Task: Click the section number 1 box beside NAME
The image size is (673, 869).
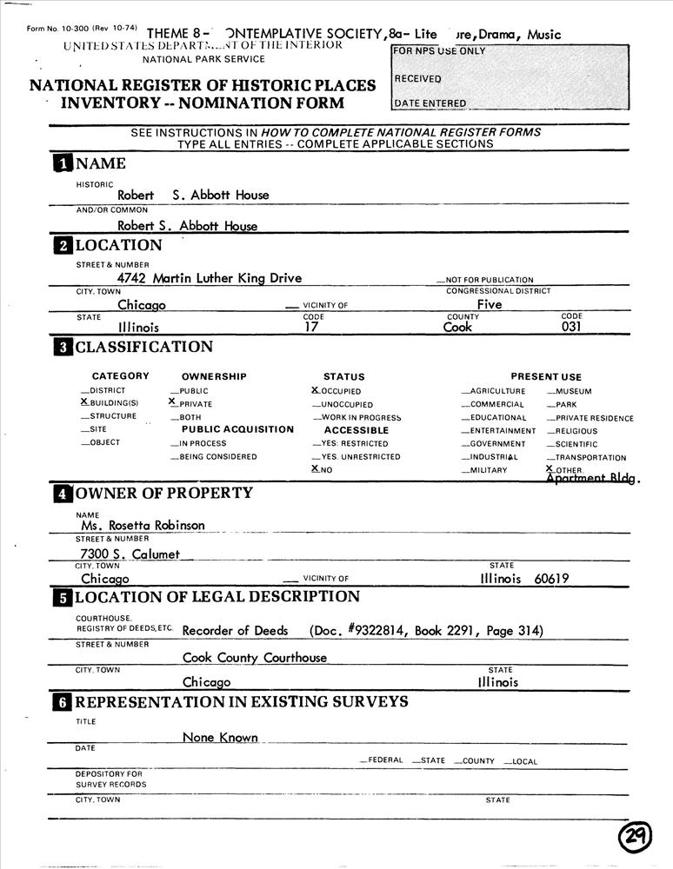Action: click(x=63, y=164)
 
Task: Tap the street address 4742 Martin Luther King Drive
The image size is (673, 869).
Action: click(x=210, y=278)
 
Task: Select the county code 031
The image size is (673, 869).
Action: click(x=571, y=328)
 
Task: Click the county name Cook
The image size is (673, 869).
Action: click(x=457, y=328)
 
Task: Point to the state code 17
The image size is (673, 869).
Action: click(x=312, y=328)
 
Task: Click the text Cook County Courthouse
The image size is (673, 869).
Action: click(x=255, y=658)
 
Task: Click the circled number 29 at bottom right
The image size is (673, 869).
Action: click(x=636, y=838)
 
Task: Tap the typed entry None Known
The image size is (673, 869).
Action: click(x=220, y=738)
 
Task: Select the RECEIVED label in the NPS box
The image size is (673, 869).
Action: click(x=418, y=79)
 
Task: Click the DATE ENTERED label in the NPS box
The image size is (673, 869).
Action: click(x=430, y=103)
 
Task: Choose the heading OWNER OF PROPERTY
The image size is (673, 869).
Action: click(x=163, y=494)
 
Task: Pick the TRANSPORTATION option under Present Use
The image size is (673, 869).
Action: click(x=590, y=458)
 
